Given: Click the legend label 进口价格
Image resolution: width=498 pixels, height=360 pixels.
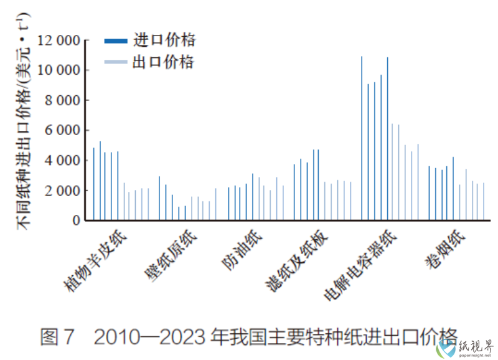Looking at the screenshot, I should pos(164,40).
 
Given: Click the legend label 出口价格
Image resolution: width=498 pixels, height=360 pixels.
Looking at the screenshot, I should pos(163,62).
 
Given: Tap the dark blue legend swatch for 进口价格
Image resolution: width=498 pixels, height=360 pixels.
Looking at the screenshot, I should pos(116,41).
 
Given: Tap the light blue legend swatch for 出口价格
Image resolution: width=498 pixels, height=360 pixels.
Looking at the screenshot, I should pos(116,62).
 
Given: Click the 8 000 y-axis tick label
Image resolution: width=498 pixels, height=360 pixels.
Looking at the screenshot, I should pos(63,100).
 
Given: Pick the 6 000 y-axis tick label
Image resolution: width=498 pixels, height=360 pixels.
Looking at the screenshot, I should pos(63,130).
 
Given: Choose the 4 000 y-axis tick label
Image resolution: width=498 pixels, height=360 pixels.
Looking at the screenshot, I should pos(63,160).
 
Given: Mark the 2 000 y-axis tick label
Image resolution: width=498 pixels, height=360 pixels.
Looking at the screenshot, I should pos(63,190).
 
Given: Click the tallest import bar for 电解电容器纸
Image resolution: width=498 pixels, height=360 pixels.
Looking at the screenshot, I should pos(362,138).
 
